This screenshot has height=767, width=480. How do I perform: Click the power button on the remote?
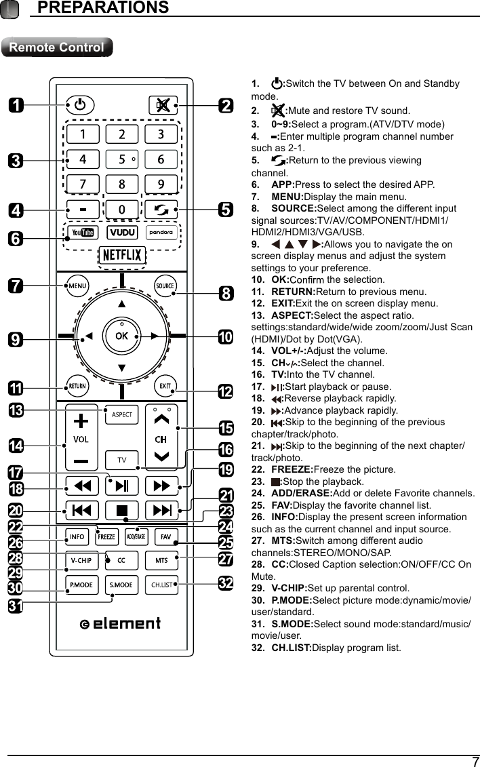(x=81, y=106)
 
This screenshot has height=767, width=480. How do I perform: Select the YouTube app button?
(x=83, y=233)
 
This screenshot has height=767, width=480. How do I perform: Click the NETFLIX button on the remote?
(x=121, y=255)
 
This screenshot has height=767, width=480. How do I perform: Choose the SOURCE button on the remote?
(x=165, y=286)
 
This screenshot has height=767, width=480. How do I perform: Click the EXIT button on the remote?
(x=165, y=387)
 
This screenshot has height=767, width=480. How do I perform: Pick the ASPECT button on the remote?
(x=122, y=414)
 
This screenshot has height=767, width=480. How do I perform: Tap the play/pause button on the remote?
(x=123, y=486)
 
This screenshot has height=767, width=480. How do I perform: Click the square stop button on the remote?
(x=123, y=510)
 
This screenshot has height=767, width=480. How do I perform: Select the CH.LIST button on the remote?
(x=161, y=585)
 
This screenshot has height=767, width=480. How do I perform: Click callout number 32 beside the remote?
(x=226, y=583)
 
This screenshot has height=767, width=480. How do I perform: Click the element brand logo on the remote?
(x=121, y=623)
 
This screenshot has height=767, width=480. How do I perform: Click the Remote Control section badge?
(x=57, y=47)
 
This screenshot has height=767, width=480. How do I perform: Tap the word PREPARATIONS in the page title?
(x=102, y=7)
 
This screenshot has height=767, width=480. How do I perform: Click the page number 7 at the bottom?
(x=475, y=761)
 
